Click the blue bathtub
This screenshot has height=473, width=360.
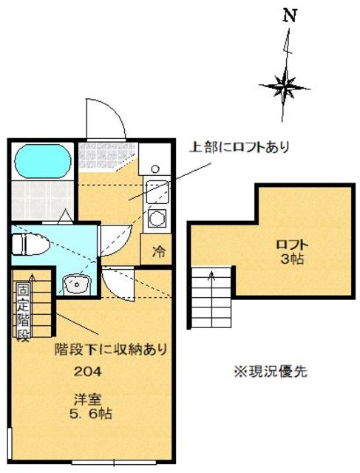[x=41, y=159]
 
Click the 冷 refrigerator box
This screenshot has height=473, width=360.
[x=158, y=250]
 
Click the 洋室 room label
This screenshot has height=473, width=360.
[x=83, y=399]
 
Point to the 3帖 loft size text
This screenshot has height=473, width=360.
[x=293, y=259]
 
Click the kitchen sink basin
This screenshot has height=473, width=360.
[x=157, y=192]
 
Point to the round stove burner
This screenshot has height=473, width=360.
[x=157, y=218]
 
